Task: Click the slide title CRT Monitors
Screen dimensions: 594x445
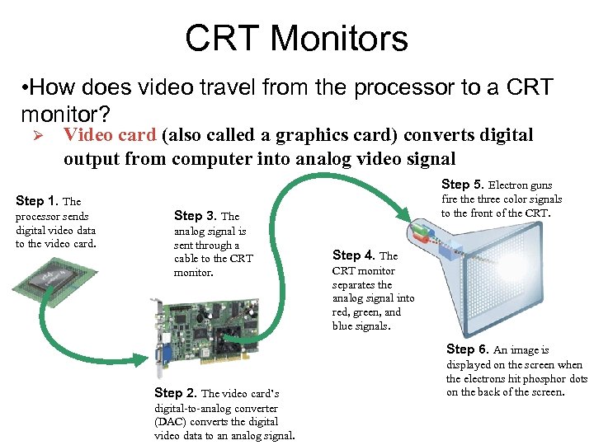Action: click(x=297, y=37)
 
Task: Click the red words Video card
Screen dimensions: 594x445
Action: click(x=110, y=134)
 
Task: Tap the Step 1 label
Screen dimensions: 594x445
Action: click(x=37, y=200)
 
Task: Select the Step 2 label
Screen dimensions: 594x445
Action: click(x=176, y=393)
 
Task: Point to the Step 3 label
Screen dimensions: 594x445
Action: click(x=195, y=216)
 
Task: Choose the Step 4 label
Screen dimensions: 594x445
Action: click(x=353, y=255)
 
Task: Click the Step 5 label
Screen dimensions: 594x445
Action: click(x=463, y=185)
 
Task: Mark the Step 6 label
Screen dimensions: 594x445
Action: click(x=468, y=349)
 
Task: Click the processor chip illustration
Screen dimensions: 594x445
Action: click(x=54, y=279)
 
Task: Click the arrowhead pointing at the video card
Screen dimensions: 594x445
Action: click(x=139, y=359)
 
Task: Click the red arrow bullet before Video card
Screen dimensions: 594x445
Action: click(x=38, y=135)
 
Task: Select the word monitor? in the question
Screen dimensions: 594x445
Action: click(x=65, y=114)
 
